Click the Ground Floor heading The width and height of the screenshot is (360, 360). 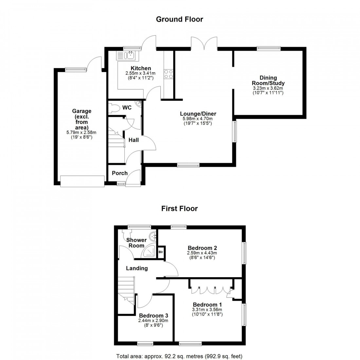click(179, 19)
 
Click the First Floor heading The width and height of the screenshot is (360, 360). click(179, 208)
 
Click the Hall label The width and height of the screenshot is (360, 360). click(134, 140)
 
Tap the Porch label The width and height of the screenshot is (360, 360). click(120, 173)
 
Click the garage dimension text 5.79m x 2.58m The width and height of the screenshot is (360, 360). click(81, 133)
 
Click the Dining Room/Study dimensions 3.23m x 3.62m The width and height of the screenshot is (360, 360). click(268, 88)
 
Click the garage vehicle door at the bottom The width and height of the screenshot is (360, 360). click(82, 181)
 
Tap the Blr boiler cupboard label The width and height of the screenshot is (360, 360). click(161, 252)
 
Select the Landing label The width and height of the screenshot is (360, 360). click(137, 268)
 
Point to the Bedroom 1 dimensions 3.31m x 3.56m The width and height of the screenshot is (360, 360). click(207, 310)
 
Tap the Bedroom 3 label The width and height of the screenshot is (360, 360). click(153, 315)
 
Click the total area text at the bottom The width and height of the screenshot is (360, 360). click(179, 356)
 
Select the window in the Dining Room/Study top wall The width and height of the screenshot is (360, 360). click(268, 48)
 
